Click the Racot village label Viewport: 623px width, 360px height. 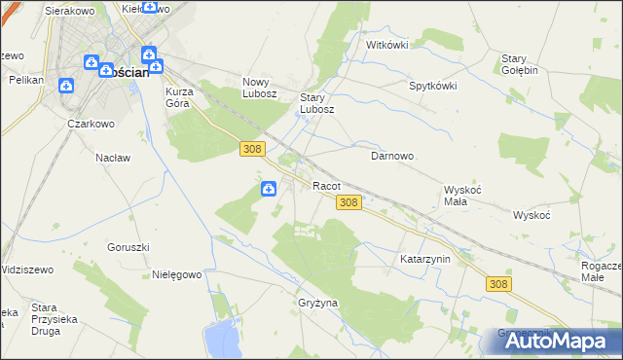(325, 185)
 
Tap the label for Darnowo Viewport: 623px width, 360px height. (393, 156)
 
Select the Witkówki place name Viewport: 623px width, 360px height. (386, 45)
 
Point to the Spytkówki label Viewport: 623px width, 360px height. (433, 85)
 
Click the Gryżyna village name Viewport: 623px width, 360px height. (317, 303)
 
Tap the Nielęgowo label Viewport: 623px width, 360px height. (176, 274)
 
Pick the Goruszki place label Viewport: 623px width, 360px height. (128, 247)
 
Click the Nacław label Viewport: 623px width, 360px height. (113, 157)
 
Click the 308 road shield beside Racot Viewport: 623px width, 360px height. (350, 202)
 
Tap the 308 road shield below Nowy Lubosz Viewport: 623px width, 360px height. (251, 147)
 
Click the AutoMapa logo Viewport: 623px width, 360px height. (560, 341)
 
